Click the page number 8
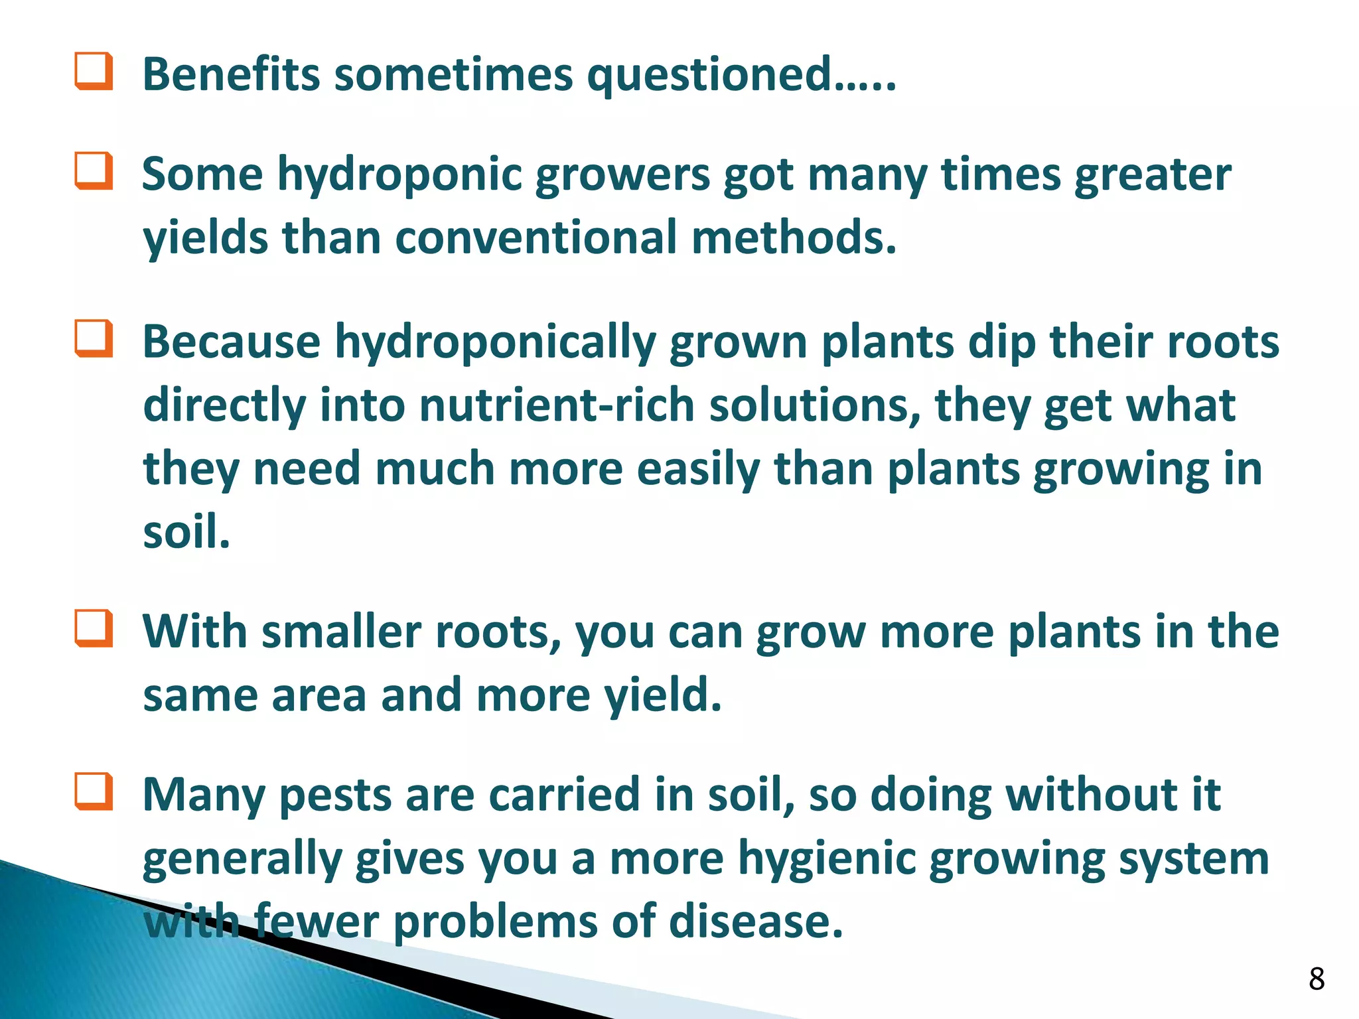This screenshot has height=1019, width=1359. (1317, 979)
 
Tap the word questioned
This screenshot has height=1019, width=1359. (709, 76)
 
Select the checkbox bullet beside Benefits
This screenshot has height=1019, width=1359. (93, 72)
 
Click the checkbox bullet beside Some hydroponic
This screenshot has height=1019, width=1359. (93, 171)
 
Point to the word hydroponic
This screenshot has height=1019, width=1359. (399, 176)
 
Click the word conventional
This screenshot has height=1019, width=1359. (536, 238)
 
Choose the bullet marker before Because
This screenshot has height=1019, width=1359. (93, 338)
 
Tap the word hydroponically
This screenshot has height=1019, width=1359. (494, 344)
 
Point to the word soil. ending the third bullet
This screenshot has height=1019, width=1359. (186, 532)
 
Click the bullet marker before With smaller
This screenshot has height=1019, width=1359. (93, 628)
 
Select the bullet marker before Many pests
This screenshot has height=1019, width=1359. (93, 791)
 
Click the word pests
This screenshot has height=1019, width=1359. (335, 795)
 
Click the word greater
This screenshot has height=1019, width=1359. (1153, 176)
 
